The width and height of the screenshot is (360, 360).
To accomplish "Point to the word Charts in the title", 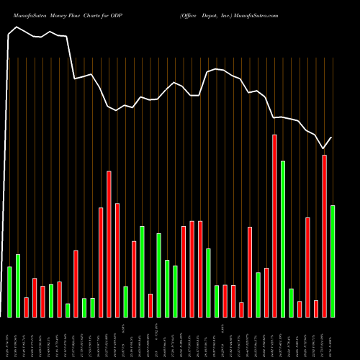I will (94, 14).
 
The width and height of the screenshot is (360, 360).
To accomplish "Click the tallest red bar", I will (274, 225).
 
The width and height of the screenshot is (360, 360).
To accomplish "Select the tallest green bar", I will (283, 239).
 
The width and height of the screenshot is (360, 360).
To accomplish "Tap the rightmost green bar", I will (332, 261).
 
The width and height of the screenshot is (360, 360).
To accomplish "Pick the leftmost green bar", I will (9, 292).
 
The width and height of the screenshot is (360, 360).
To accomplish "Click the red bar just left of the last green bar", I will (324, 235).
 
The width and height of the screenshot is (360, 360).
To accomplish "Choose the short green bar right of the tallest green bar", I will (291, 302).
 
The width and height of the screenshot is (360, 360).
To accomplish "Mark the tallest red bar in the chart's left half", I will (109, 244).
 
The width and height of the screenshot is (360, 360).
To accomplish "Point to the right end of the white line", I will (332, 138).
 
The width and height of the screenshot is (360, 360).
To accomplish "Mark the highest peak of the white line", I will (17, 27).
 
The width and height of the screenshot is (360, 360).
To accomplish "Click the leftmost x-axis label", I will (9, 338).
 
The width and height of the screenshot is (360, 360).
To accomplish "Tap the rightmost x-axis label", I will (332, 338).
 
